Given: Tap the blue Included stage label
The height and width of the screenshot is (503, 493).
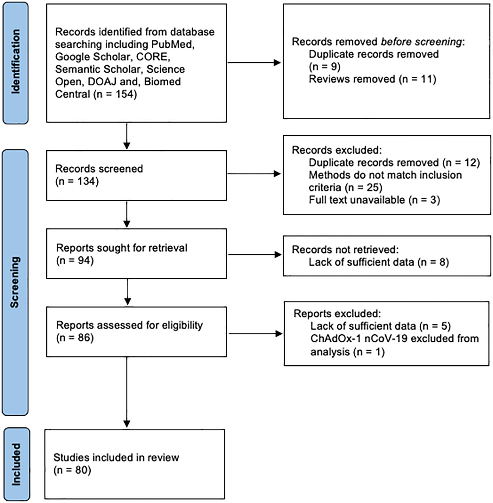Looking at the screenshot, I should tap(16, 464).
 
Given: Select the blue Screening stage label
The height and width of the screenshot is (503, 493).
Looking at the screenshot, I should tap(15, 282).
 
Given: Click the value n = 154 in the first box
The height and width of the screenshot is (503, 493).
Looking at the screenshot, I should tap(115, 94).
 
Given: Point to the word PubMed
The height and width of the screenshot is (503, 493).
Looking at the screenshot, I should tap(172, 45).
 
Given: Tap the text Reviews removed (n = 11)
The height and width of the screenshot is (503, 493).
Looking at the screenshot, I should tap(372, 79).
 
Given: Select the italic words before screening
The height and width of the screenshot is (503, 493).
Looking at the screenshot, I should tap(421, 42).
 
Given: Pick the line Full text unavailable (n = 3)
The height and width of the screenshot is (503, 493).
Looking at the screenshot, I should tap(374, 200).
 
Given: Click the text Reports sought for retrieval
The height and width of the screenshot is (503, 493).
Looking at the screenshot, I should tap(121, 248).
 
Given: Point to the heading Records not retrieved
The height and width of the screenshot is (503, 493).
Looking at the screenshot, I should tap(345, 249).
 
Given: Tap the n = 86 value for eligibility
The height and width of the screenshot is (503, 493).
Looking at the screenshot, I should tap(75, 338).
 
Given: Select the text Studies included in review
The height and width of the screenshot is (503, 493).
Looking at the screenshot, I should tap(116, 458).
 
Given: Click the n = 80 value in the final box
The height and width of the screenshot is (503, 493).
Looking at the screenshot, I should tap(72, 470).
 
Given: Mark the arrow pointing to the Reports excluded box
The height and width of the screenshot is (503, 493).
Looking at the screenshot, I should tap(255, 334).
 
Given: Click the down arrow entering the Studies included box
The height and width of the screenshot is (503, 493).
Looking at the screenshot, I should tap(127, 420).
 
